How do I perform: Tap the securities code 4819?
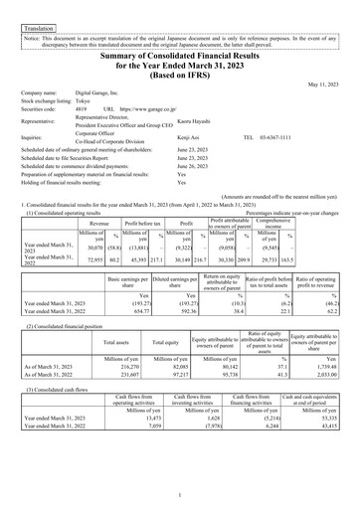coord(83,109)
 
